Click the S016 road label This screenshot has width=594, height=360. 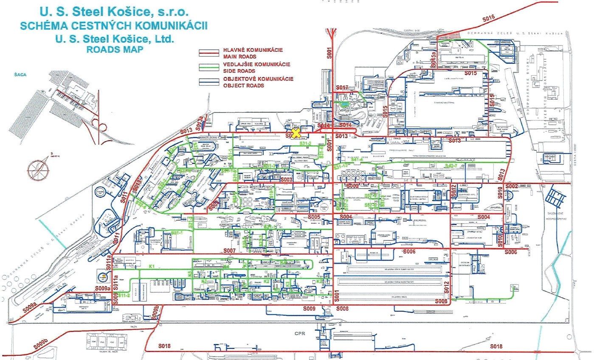489,18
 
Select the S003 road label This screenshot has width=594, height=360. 287,180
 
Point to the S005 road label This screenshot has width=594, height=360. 314,217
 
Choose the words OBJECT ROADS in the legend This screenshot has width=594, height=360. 244,85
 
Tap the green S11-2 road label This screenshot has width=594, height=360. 124,294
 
